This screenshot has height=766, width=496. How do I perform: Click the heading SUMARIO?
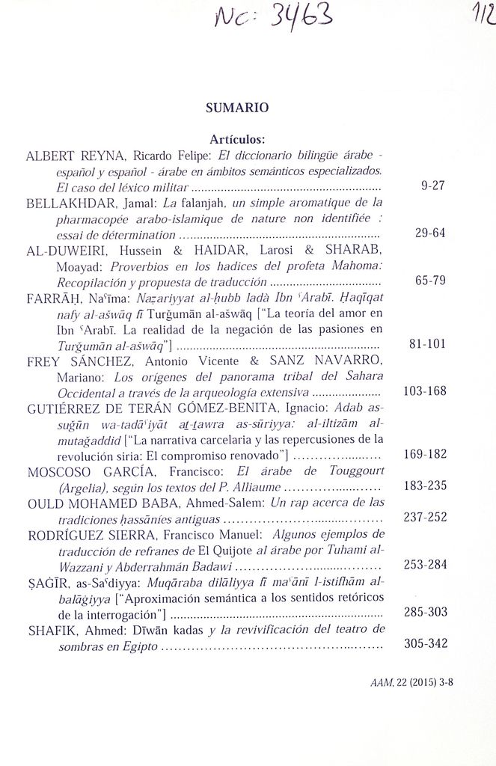(x=237, y=108)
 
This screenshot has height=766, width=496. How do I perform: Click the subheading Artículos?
(x=237, y=139)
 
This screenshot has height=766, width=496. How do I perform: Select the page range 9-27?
(x=433, y=186)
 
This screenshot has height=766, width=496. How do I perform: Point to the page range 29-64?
(x=430, y=233)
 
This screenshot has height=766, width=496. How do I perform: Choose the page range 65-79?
(x=430, y=281)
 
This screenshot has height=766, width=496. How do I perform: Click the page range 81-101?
(x=427, y=344)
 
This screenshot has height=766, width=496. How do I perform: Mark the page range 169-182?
(x=425, y=454)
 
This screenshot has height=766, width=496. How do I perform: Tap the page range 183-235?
(x=425, y=485)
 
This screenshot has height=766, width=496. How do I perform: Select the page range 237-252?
(x=425, y=517)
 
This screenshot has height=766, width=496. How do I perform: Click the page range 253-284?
(x=425, y=565)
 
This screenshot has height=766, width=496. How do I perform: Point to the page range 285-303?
(x=425, y=612)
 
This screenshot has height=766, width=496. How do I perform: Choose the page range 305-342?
(x=425, y=643)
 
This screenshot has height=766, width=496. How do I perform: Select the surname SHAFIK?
(x=52, y=630)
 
